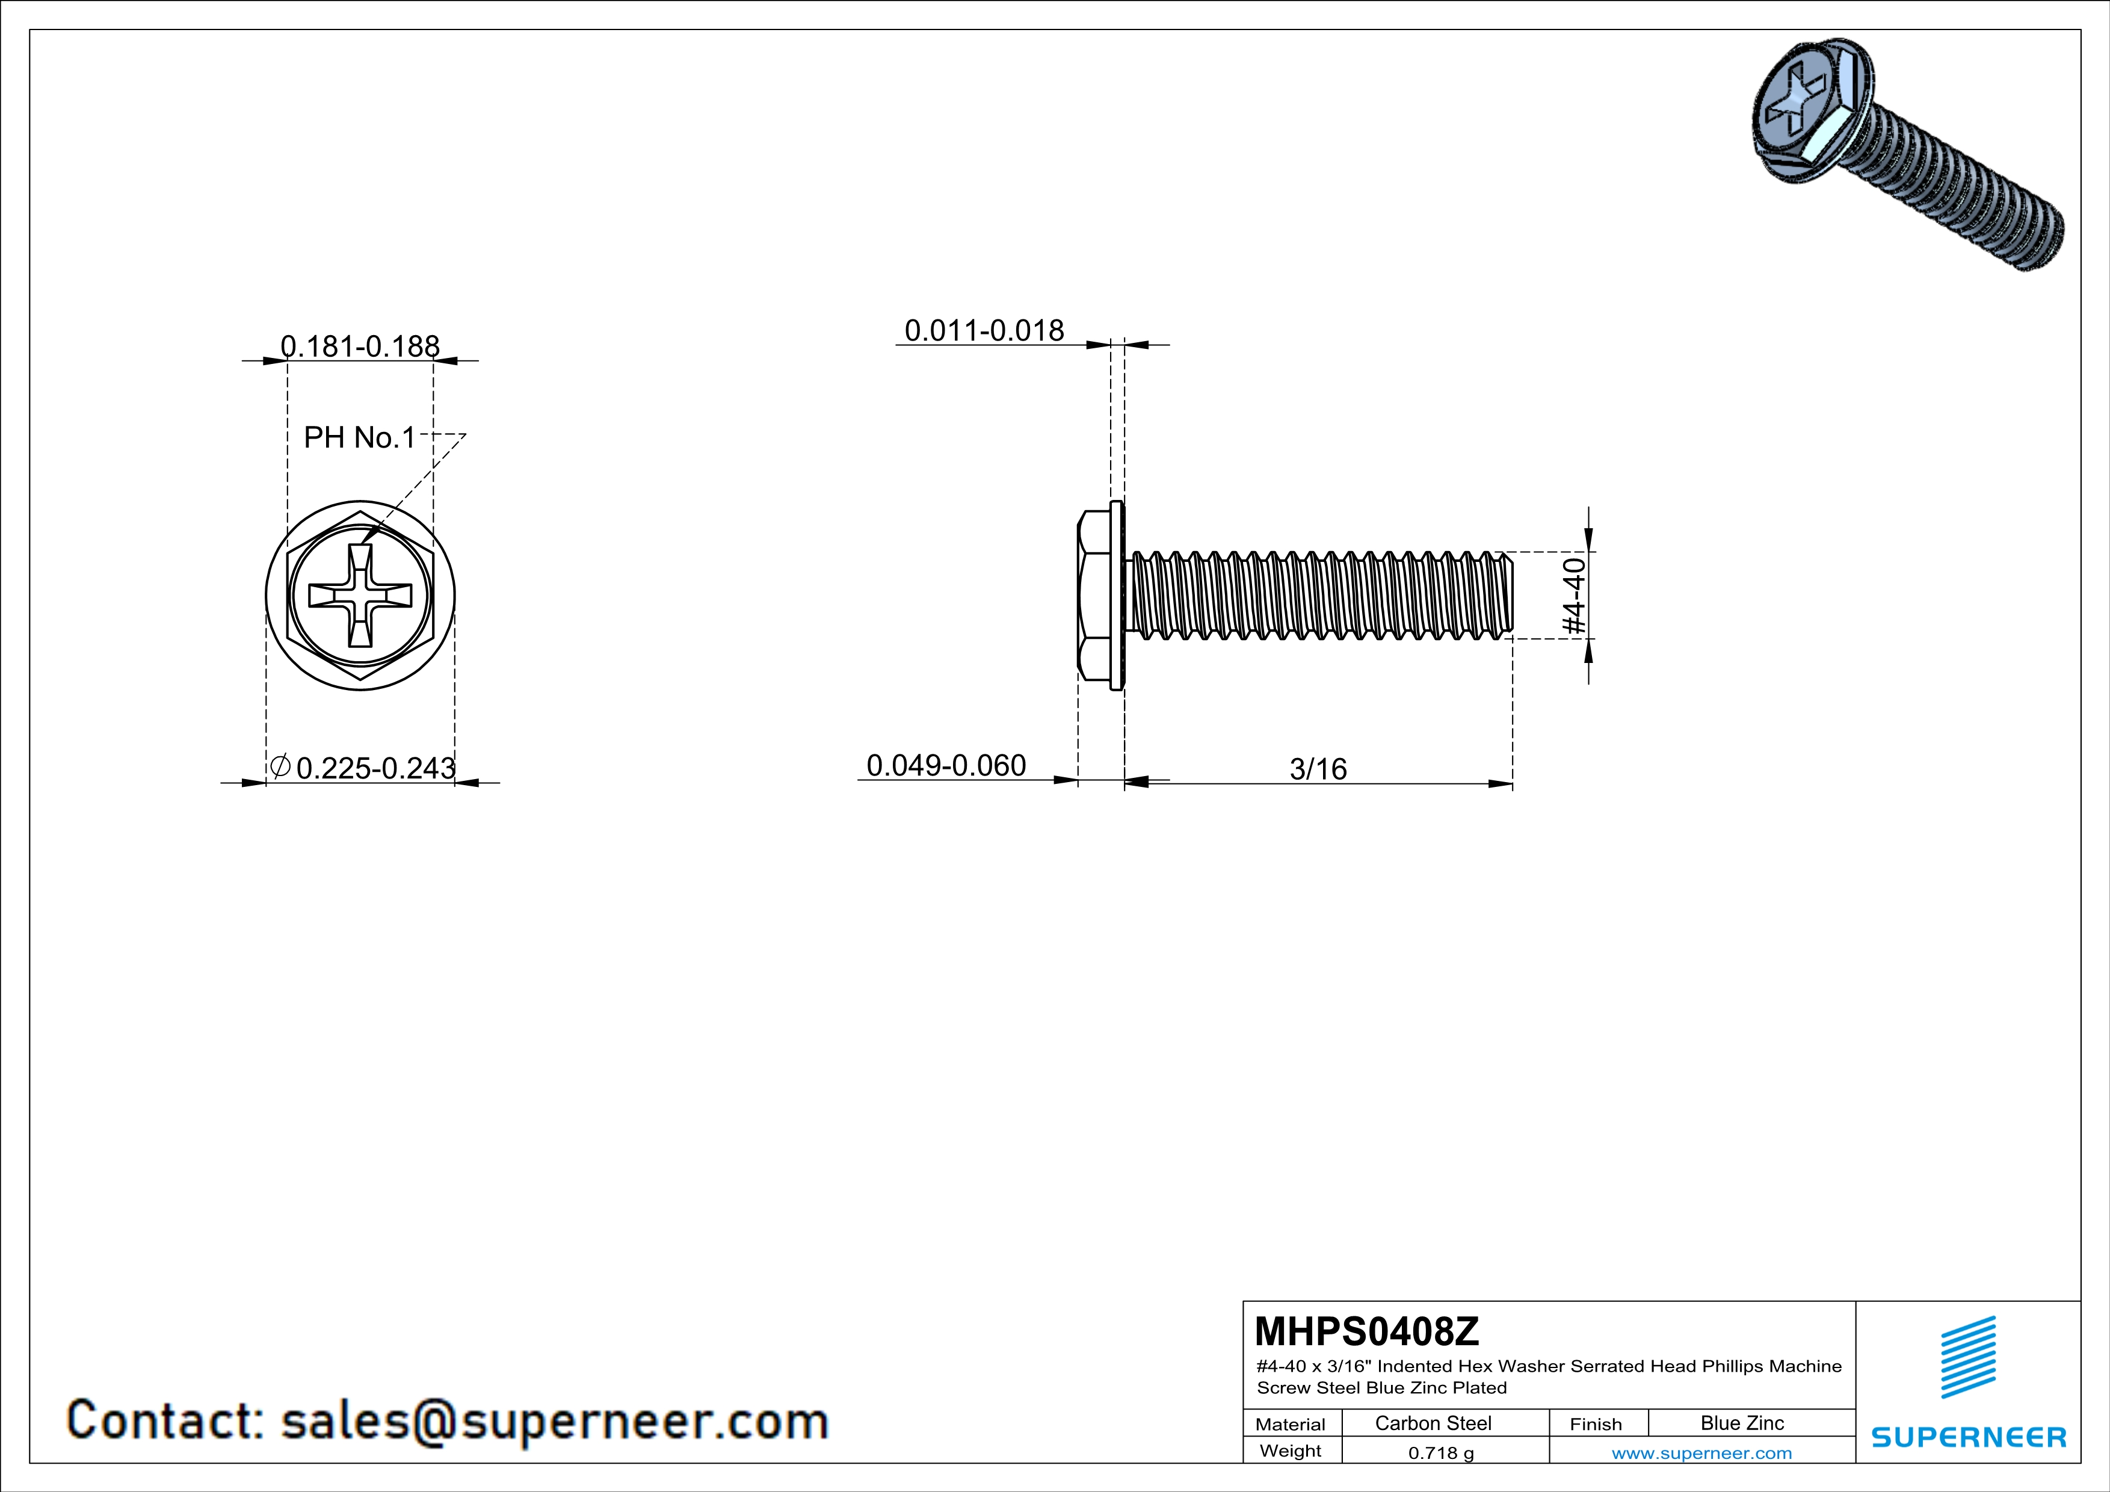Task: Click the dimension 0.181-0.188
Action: tap(359, 347)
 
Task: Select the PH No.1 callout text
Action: tap(359, 437)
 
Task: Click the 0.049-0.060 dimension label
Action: tap(946, 765)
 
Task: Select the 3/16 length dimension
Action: tap(1318, 769)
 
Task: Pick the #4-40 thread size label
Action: tap(1575, 596)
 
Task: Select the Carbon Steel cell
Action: tap(1433, 1423)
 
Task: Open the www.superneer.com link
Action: tap(1701, 1452)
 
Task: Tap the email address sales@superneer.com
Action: tap(554, 1420)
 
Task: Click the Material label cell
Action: tap(1291, 1424)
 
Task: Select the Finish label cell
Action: tap(1596, 1424)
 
